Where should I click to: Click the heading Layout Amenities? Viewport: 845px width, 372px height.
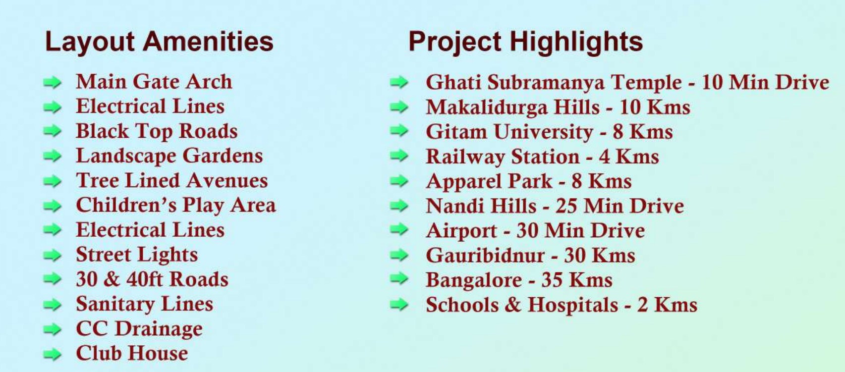(159, 42)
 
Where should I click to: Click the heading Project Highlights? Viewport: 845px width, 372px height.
(525, 42)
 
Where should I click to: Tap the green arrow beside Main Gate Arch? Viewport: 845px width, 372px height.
(53, 82)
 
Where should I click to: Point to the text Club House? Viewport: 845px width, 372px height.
(132, 353)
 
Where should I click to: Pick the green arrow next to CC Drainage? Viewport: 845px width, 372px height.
(53, 329)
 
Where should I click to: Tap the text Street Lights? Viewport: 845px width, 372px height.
(137, 255)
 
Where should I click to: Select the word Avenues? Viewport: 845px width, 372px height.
(227, 180)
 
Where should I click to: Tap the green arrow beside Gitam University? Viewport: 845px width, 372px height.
(399, 132)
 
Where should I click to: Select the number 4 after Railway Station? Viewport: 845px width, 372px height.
(604, 157)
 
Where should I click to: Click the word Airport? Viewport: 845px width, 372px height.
(461, 231)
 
